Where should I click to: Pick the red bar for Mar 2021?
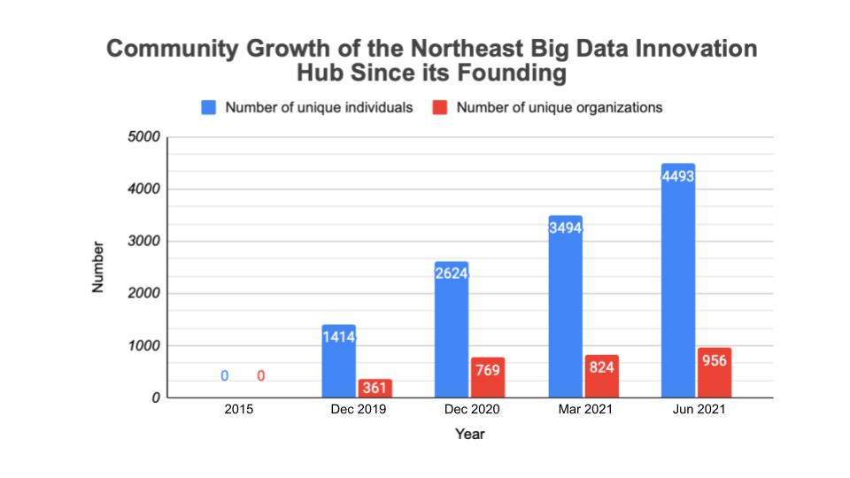point(601,382)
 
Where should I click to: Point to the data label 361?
point(375,389)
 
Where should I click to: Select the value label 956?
point(714,360)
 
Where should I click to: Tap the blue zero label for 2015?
point(225,376)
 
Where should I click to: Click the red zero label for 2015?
point(261,376)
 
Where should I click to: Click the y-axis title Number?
point(99,266)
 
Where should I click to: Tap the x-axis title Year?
point(469,435)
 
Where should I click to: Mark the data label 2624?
point(452,274)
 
